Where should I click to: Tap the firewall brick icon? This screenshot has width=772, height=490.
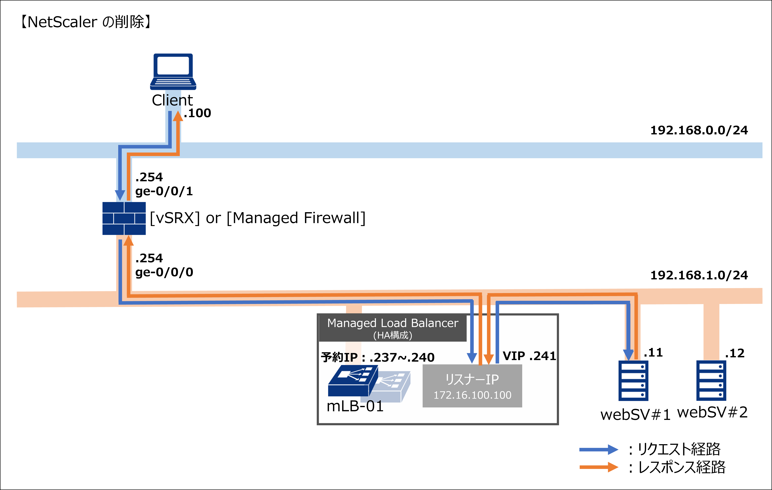124,218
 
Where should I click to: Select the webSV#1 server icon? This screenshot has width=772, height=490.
633,381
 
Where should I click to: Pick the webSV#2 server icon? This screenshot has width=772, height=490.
711,381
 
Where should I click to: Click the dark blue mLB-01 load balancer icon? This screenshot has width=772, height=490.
353,381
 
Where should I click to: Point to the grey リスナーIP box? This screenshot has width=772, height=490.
472,386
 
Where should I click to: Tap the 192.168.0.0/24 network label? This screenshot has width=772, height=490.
699,130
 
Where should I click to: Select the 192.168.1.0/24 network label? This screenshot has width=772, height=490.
699,275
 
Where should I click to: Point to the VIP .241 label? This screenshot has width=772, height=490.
529,356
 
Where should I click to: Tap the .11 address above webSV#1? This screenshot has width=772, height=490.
653,353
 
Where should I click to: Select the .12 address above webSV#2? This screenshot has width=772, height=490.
735,353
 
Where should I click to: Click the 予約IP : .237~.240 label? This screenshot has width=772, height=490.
378,357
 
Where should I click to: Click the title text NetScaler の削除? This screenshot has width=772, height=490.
86,22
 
